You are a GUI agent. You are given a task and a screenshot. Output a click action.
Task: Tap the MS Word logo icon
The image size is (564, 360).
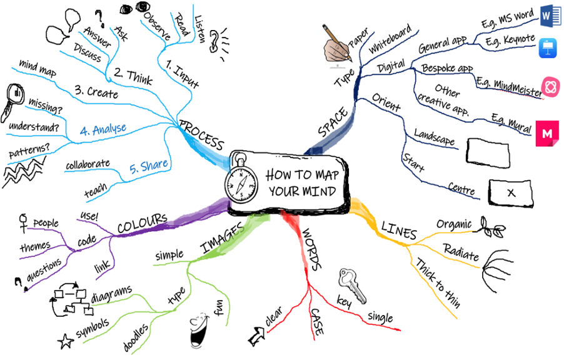coord(550,16)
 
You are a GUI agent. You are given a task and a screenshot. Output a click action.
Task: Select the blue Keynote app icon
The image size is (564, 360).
coord(548,49)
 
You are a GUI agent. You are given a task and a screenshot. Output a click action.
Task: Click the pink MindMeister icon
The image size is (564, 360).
coord(550,87)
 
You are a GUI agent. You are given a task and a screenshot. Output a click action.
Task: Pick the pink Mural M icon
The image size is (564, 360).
coord(547,133)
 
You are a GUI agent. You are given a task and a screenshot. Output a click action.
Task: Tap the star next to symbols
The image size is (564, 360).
coord(66,341)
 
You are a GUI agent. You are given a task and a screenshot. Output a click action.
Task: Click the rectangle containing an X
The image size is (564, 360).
coord(511,193)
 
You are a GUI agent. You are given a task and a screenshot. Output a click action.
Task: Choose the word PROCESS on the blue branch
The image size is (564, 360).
coord(202,135)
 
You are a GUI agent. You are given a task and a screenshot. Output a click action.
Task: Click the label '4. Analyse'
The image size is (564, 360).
coord(103,129)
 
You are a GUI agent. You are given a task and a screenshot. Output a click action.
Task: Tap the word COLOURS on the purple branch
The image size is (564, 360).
coord(143,223)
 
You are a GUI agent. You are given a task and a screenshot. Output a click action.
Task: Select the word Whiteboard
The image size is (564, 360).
coord(390,39)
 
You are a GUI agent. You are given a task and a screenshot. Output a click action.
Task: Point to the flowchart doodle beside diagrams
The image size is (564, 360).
coord(71,299)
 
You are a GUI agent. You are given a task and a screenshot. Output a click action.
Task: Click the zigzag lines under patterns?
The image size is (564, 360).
coord(24,172)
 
